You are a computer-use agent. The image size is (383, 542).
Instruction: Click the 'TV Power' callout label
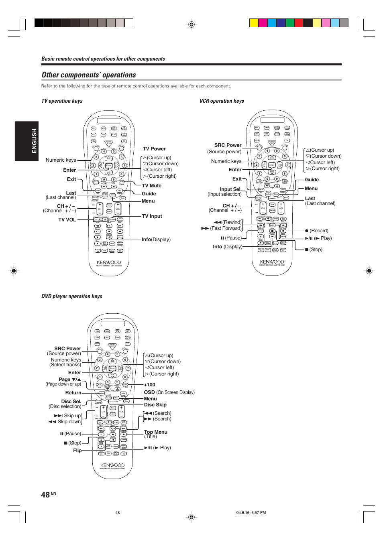click(x=154, y=149)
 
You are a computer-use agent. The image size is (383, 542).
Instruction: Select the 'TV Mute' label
click(x=152, y=186)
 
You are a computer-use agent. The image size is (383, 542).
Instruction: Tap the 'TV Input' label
click(x=152, y=216)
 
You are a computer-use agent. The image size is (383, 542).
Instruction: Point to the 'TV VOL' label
click(x=67, y=220)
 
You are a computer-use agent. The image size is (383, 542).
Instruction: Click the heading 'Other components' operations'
click(x=89, y=75)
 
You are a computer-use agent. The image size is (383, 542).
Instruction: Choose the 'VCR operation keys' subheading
click(x=222, y=101)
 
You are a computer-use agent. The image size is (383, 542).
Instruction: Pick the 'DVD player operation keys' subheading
click(x=72, y=296)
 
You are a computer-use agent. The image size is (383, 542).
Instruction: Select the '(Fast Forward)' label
click(x=226, y=228)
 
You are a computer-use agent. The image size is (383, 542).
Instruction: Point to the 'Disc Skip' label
click(x=155, y=405)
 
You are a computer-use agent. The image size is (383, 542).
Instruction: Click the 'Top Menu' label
click(x=156, y=432)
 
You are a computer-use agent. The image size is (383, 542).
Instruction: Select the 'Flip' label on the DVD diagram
click(x=77, y=451)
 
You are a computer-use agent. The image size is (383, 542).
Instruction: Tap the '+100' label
click(x=149, y=385)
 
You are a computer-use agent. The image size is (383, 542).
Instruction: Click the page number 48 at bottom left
click(x=45, y=495)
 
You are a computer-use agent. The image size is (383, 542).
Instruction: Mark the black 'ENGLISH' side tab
click(x=26, y=141)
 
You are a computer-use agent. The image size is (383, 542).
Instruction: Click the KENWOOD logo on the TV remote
click(x=109, y=262)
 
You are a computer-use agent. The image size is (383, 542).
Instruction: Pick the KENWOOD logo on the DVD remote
click(x=112, y=465)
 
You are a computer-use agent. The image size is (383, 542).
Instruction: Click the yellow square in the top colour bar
click(x=254, y=23)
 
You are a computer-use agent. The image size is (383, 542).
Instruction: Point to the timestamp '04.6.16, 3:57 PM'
click(x=251, y=513)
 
